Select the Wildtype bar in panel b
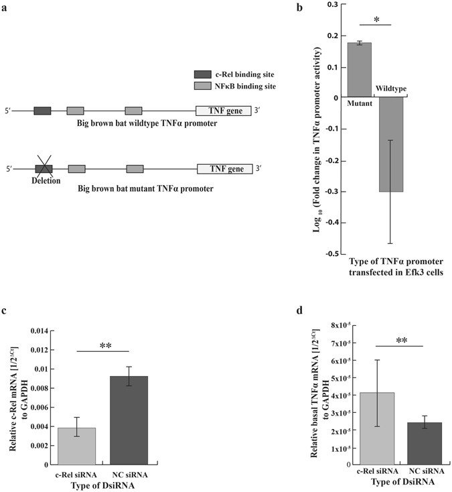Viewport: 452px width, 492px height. [x=391, y=144]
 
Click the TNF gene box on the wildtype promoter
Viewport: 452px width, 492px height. [x=223, y=111]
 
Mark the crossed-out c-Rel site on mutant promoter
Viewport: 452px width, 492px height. [x=44, y=169]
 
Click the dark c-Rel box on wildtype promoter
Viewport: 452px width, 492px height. [x=42, y=111]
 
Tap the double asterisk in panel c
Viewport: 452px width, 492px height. [x=104, y=347]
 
